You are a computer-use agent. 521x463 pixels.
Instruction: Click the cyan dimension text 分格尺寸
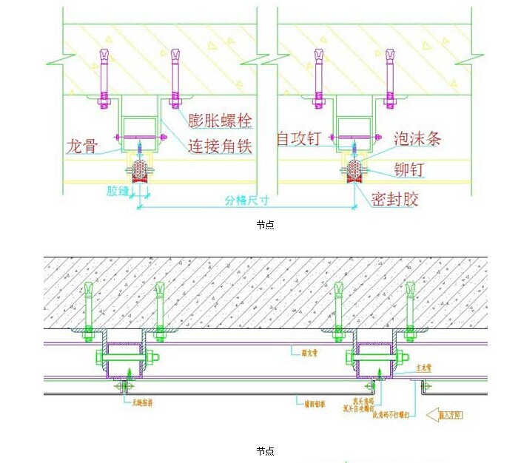click(247, 200)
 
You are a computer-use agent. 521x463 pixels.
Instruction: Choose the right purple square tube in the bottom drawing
click(376, 360)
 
